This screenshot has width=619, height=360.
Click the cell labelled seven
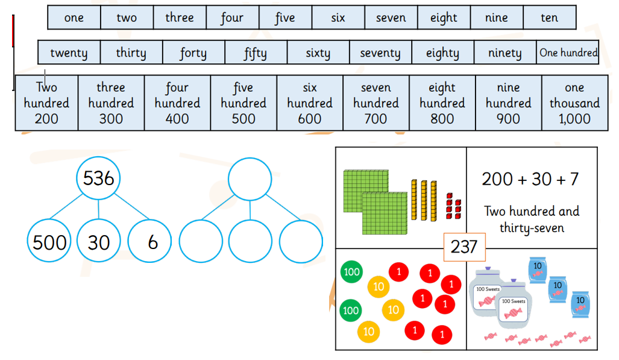point(391,17)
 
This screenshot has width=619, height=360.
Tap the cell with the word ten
point(549,17)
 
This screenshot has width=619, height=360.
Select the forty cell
point(193,52)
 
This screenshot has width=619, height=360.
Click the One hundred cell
point(568,52)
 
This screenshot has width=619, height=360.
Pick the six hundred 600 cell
point(310,103)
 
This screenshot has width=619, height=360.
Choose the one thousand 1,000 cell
point(574,103)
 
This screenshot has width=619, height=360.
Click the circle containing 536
point(99,178)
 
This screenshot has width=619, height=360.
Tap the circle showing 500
point(49,242)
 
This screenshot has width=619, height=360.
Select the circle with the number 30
point(99,242)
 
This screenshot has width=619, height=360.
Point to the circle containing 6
point(152,242)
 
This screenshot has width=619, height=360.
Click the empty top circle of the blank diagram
point(250,178)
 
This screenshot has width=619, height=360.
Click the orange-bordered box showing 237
point(464,246)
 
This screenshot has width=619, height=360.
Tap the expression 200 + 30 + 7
point(530,178)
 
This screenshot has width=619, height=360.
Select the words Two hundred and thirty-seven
point(532,219)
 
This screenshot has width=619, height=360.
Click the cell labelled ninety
point(505,52)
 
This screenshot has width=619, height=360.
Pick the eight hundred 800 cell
point(442,103)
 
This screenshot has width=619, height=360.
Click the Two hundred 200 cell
point(46,103)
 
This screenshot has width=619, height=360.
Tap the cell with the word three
point(180,17)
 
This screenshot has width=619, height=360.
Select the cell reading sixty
point(318,52)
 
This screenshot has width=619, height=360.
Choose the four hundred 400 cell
point(177,103)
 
